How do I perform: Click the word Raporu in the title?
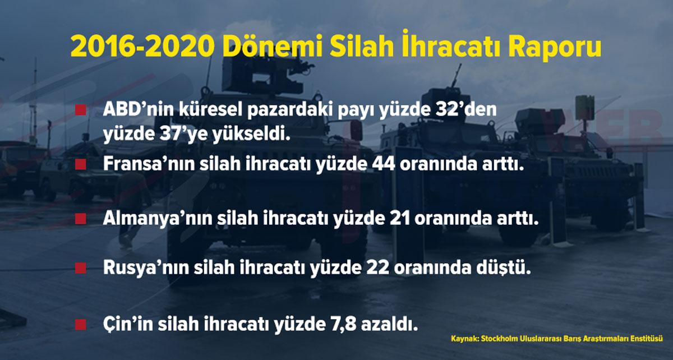point(554,47)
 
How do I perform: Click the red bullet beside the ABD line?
point(81,110)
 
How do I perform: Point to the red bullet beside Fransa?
point(81,164)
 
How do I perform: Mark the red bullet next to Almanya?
point(81,219)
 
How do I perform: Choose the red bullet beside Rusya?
point(81,267)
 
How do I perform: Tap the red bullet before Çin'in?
point(81,325)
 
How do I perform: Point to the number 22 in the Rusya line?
point(377,267)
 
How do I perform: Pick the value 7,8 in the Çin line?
point(342,325)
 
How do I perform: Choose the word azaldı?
point(389,324)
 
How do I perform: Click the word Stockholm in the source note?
point(497,339)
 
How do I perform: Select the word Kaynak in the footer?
point(464,339)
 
